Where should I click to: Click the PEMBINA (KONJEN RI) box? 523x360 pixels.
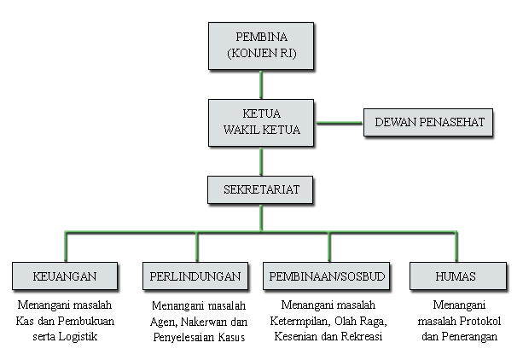tap(261, 46)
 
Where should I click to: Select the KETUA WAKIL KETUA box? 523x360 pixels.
tap(261, 123)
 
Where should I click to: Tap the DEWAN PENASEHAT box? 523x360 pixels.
tap(428, 122)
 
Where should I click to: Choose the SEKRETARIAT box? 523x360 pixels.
tap(260, 189)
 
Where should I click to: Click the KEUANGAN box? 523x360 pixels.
tap(65, 276)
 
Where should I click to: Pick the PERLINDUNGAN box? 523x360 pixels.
tap(195, 276)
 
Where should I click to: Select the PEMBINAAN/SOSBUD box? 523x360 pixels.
tap(326, 276)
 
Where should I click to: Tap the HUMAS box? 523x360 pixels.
tap(458, 276)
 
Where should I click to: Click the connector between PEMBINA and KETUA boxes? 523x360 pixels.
tap(261, 84)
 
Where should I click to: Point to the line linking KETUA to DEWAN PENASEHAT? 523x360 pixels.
tap(339, 123)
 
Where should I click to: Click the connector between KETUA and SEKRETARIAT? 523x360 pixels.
tap(261, 161)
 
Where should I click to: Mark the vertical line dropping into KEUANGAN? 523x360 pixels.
tap(66, 247)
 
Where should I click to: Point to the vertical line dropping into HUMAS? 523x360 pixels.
tap(456, 247)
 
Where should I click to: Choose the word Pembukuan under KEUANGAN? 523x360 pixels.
tap(85, 321)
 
